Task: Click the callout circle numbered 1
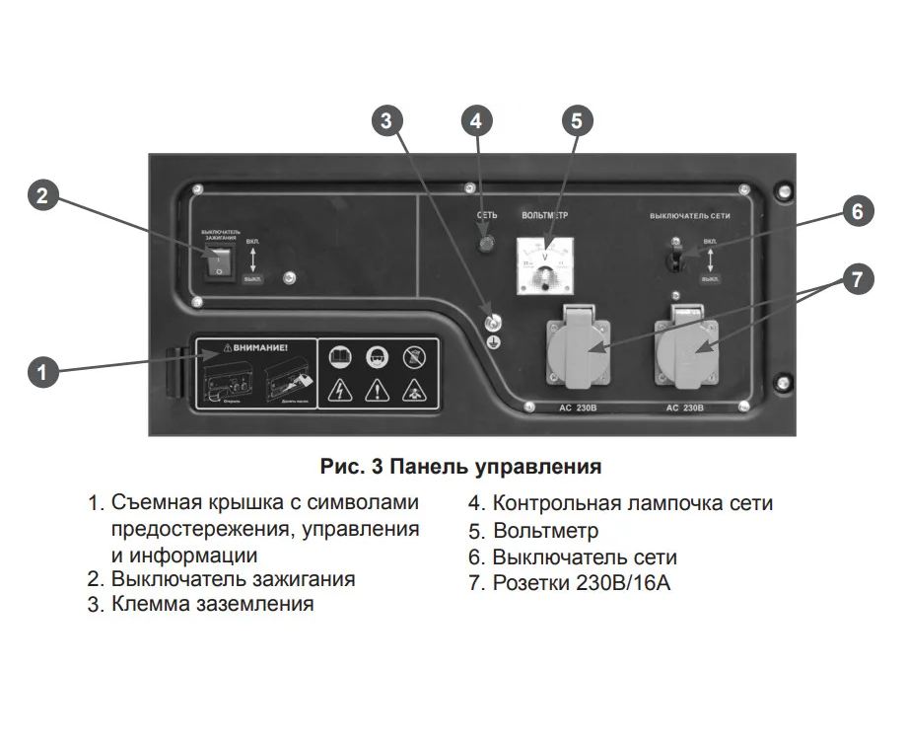(x=40, y=372)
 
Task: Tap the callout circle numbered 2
(x=40, y=194)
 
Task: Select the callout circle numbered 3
(x=386, y=120)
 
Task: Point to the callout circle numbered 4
(x=476, y=120)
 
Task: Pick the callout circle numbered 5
(x=577, y=120)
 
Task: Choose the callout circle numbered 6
(x=857, y=210)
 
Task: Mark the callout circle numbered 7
(x=857, y=279)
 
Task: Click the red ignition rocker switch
(x=219, y=260)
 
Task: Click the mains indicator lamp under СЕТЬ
(x=485, y=243)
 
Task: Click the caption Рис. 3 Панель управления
(x=460, y=464)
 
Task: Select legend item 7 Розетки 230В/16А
(x=569, y=583)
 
